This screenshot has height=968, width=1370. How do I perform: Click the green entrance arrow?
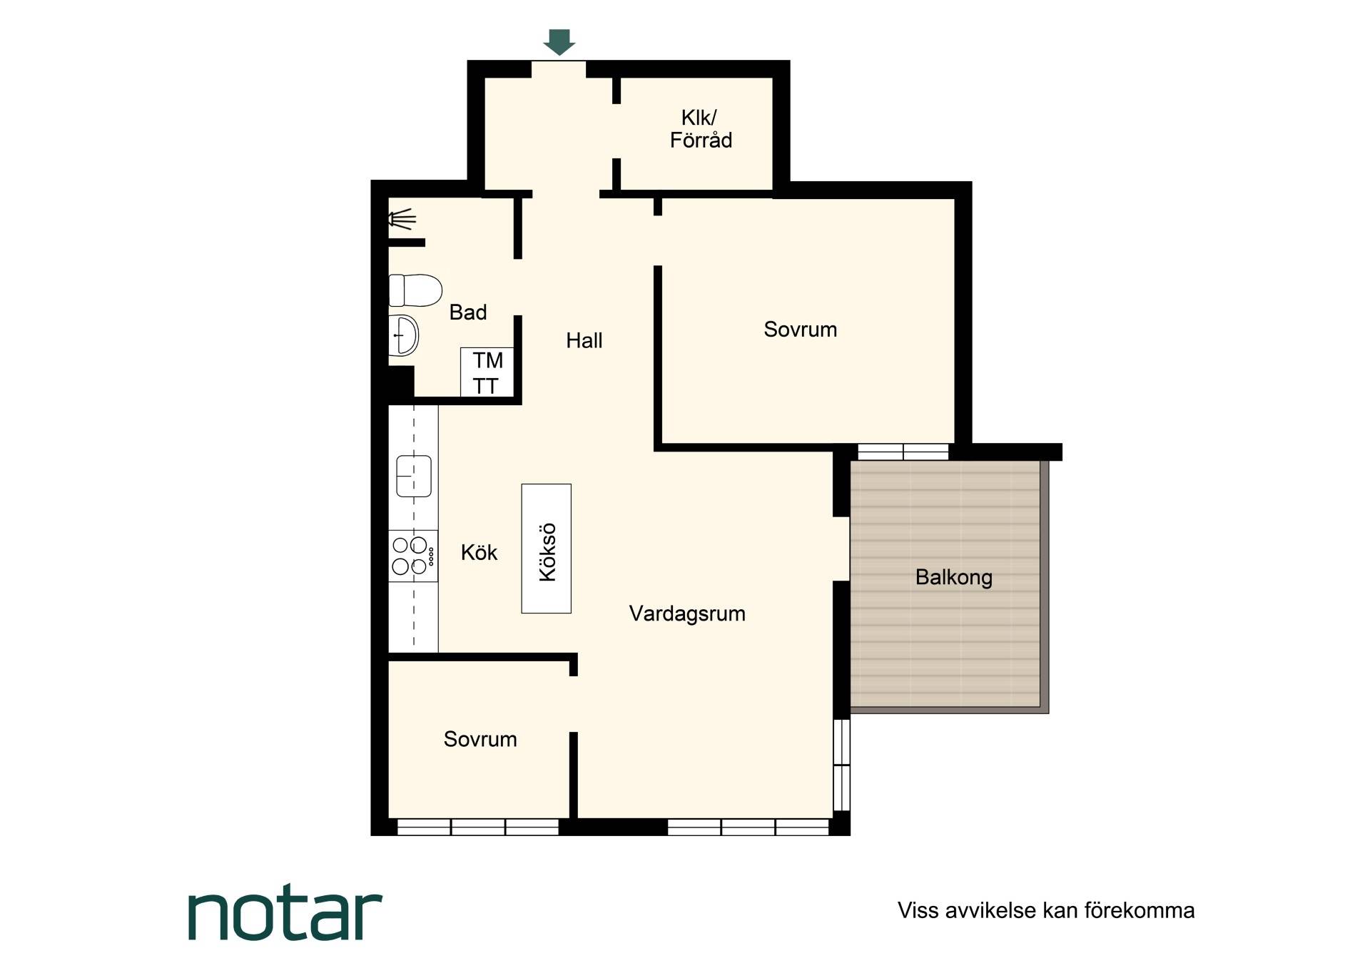pyautogui.click(x=559, y=42)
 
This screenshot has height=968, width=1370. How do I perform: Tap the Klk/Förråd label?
pyautogui.click(x=701, y=129)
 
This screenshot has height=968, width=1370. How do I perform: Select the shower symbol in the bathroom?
pyautogui.click(x=402, y=219)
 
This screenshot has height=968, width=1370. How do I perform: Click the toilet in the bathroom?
pyautogui.click(x=415, y=290)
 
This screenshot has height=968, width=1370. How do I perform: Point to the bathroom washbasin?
pyautogui.click(x=403, y=335)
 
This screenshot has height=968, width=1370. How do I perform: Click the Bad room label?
pyautogui.click(x=468, y=312)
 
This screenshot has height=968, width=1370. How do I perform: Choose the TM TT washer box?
pyautogui.click(x=487, y=372)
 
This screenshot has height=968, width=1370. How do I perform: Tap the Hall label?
pyautogui.click(x=584, y=341)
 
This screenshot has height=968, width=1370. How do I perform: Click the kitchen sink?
pyautogui.click(x=414, y=476)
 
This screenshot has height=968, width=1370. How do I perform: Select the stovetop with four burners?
pyautogui.click(x=413, y=556)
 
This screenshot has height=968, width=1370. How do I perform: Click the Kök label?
pyautogui.click(x=479, y=552)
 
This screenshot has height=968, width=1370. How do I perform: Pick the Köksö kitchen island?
pyautogui.click(x=547, y=549)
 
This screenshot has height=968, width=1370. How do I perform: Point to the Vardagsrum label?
pyautogui.click(x=687, y=613)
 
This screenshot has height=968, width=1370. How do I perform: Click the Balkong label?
pyautogui.click(x=954, y=577)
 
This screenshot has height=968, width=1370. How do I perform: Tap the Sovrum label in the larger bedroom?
pyautogui.click(x=801, y=330)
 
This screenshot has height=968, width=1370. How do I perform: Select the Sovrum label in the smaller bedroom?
pyautogui.click(x=480, y=739)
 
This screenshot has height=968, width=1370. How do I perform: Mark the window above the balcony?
pyautogui.click(x=903, y=452)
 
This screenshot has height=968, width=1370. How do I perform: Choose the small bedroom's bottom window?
pyautogui.click(x=478, y=827)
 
